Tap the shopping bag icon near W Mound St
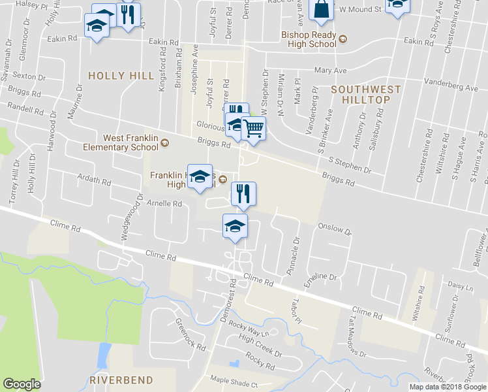point(322,10)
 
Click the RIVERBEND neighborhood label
point(121,380)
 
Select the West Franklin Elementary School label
point(130,142)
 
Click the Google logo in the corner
point(22,384)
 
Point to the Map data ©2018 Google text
point(448,387)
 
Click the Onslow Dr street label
point(335,231)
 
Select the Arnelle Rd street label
point(164,204)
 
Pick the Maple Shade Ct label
point(234,384)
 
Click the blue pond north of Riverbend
point(103,355)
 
